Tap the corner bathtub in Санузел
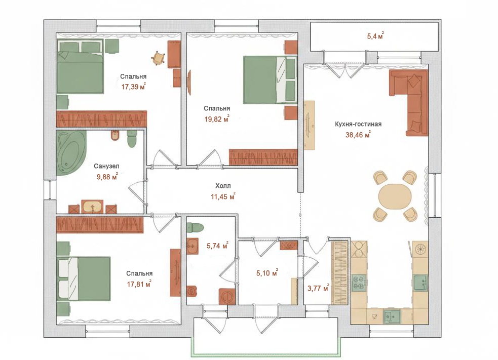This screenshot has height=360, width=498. [x=70, y=152]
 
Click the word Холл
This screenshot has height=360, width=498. [x=223, y=186]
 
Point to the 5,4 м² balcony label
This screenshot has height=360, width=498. [x=375, y=35]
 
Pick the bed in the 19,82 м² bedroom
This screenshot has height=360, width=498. [x=270, y=79]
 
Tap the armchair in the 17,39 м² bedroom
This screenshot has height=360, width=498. [x=158, y=58]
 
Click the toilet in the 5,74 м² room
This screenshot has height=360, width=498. [x=195, y=227]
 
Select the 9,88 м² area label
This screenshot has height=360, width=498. [x=107, y=177]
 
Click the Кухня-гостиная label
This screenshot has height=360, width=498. [x=358, y=124]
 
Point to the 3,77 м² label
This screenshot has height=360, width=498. [x=318, y=288]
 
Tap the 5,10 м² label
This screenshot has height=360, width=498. [x=267, y=273]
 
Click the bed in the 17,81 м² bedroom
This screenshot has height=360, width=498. [x=84, y=278]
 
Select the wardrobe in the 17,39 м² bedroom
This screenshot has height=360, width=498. [x=102, y=119]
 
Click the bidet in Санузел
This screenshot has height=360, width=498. [x=115, y=135]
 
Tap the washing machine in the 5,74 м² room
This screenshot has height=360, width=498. [x=227, y=297]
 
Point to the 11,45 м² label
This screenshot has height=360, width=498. [x=223, y=196]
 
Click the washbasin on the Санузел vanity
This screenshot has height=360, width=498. [x=92, y=207]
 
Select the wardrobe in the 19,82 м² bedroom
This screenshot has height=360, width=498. [x=263, y=157]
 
